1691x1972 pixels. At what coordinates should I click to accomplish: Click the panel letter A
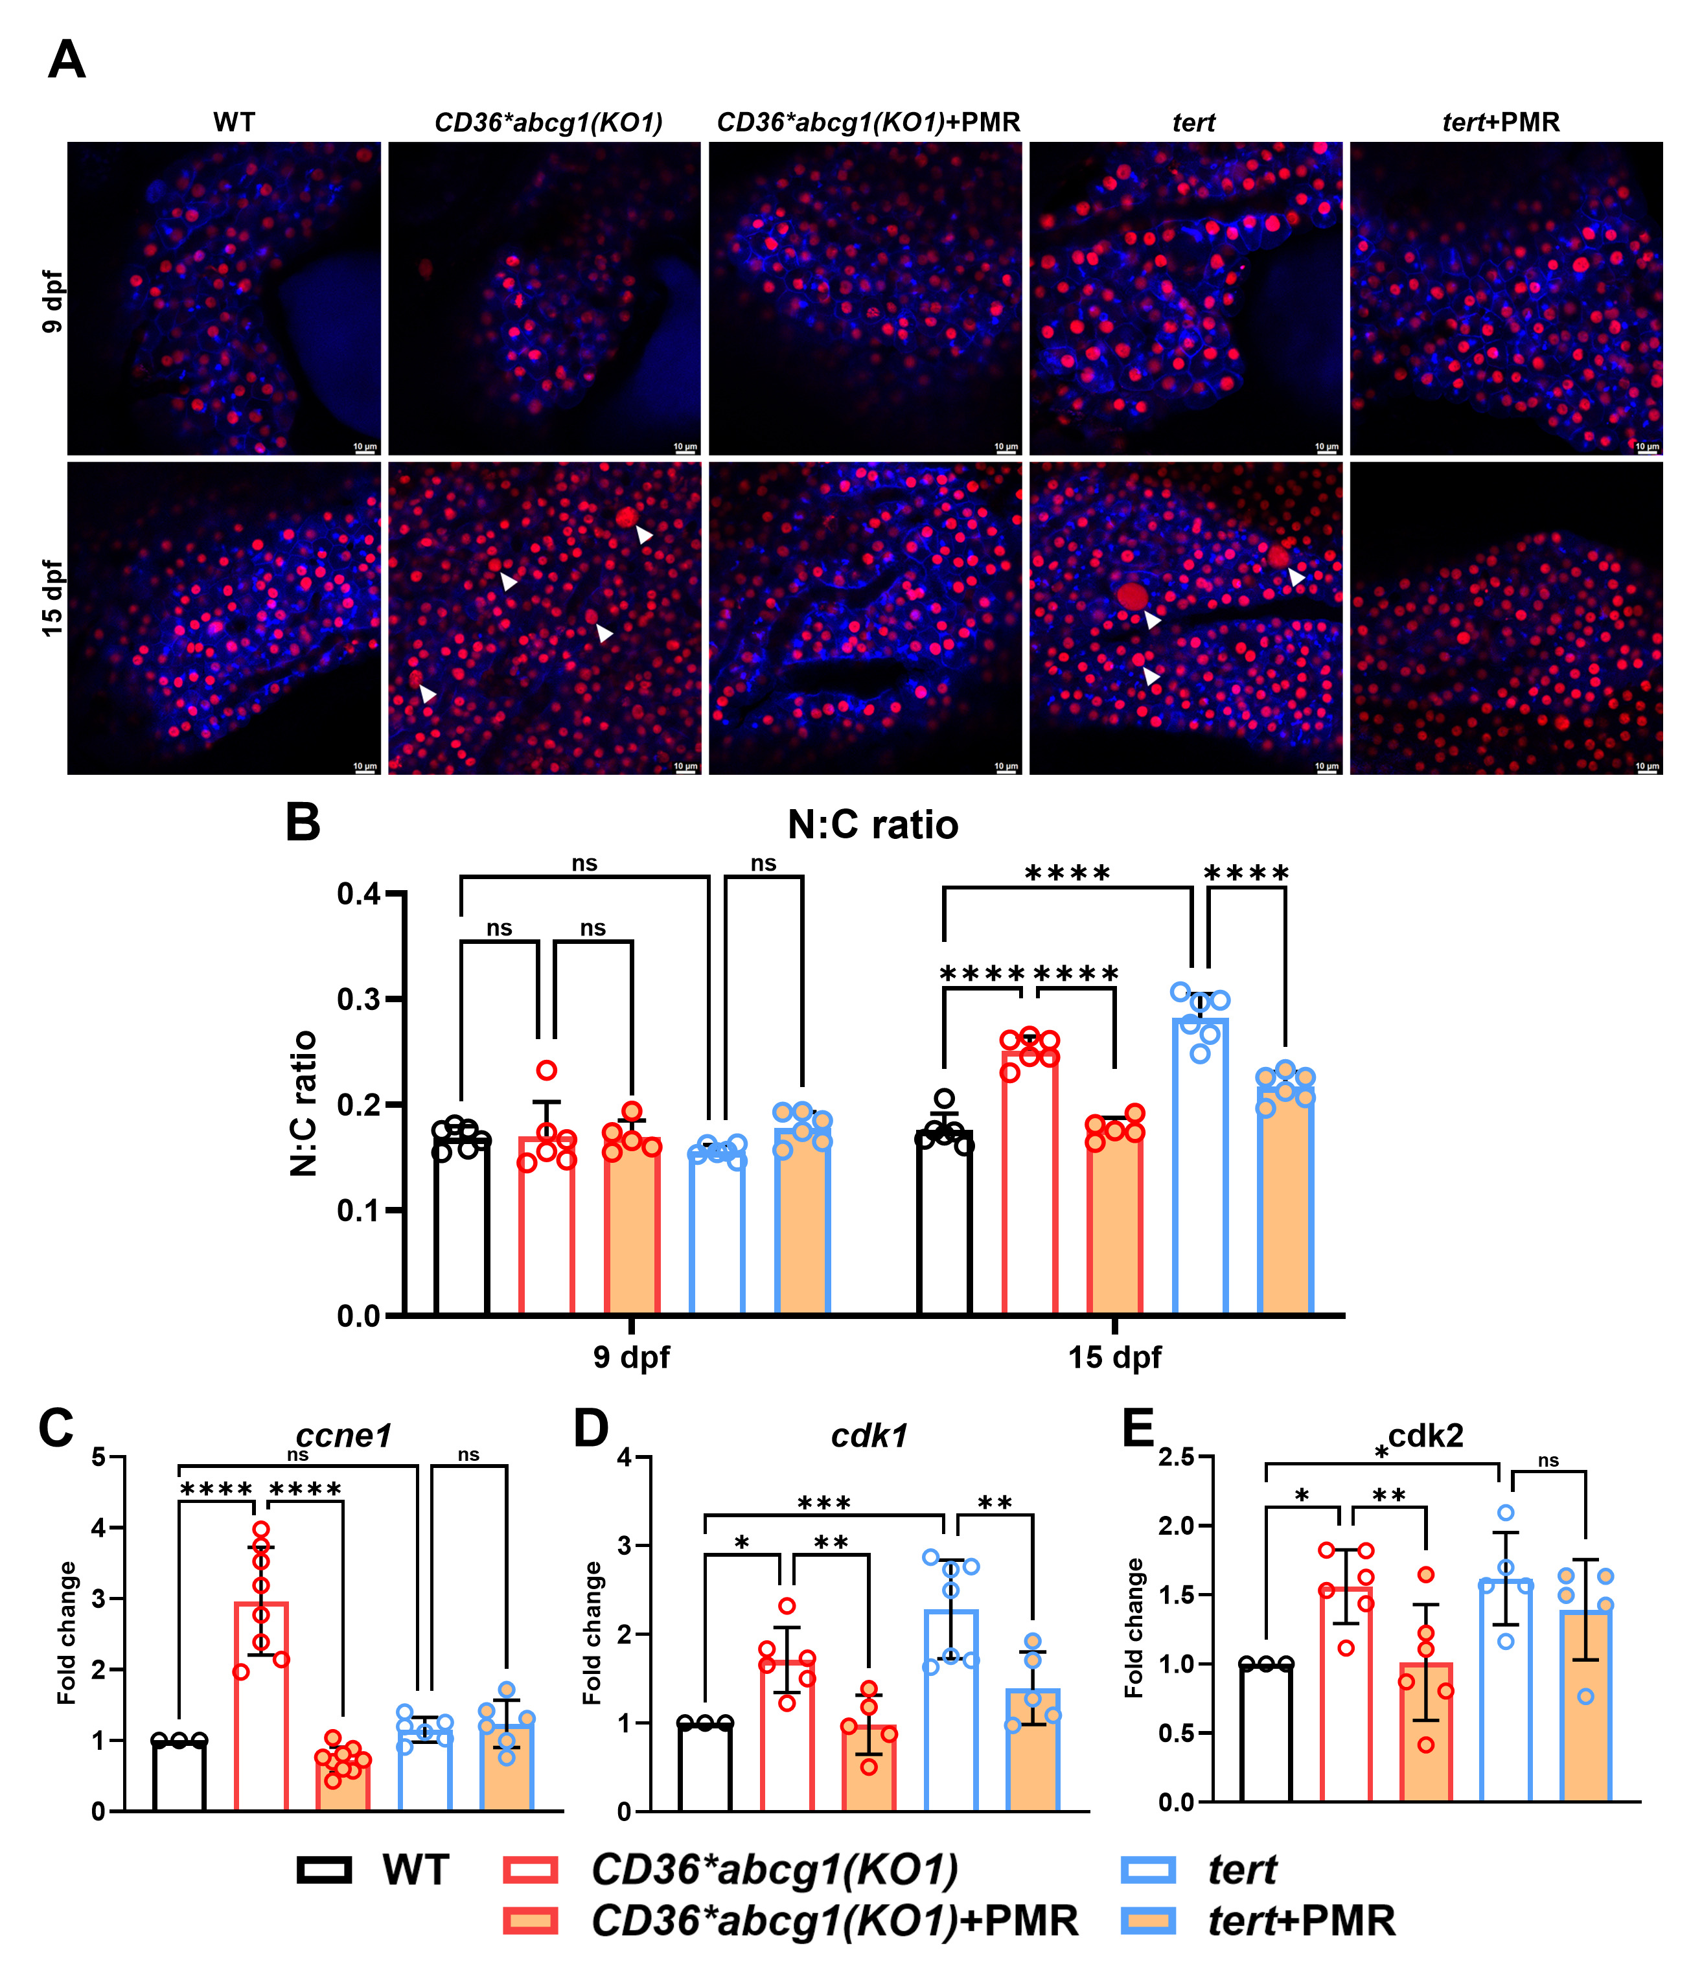pos(67,60)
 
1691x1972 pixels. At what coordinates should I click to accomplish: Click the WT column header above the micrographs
pos(233,123)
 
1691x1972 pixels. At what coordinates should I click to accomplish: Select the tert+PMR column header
pos(1501,123)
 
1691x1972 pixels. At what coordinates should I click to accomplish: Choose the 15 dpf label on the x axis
pos(1114,1356)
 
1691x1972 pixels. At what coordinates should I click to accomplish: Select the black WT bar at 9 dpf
pos(461,1228)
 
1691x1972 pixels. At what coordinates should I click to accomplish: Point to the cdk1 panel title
pos(869,1435)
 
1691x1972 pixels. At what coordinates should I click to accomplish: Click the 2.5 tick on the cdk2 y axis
pos(1175,1457)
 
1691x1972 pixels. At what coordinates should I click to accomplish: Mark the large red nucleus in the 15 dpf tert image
pos(1131,597)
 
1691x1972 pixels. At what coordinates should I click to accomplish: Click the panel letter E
pos(1138,1428)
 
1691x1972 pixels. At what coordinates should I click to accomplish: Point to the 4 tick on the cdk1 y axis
pos(625,1457)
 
